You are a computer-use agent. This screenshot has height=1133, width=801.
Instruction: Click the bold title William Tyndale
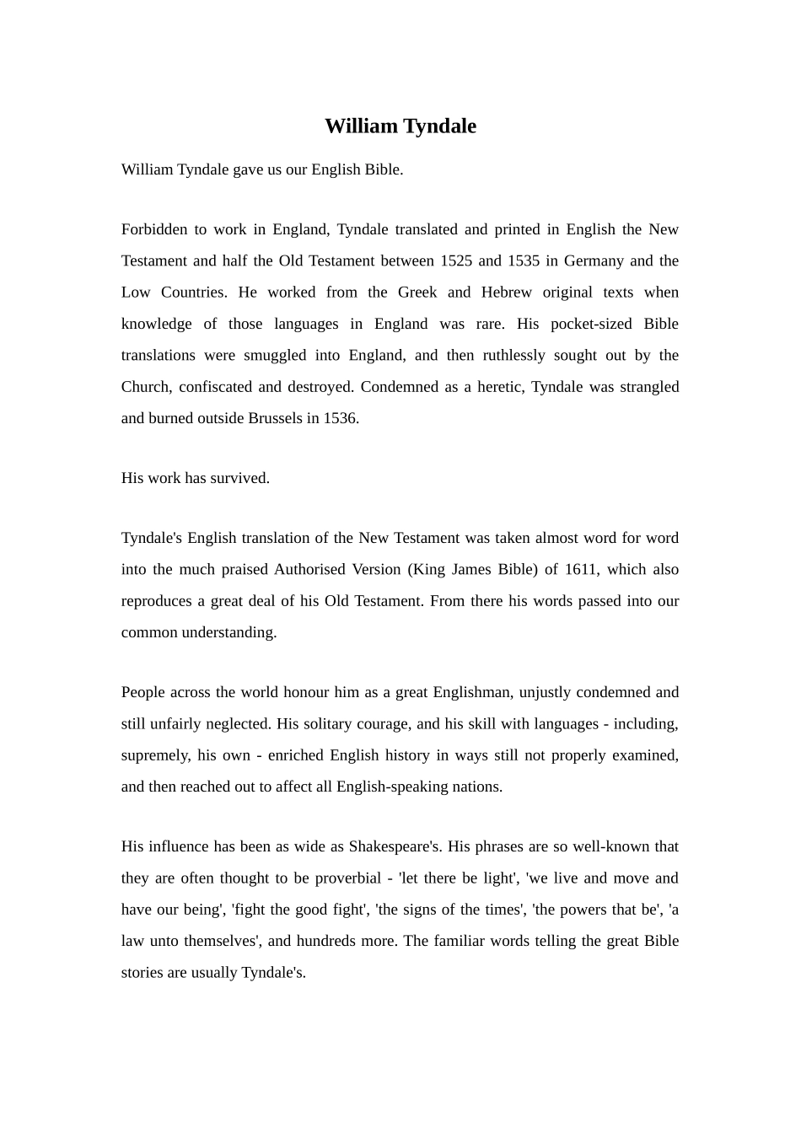[400, 126]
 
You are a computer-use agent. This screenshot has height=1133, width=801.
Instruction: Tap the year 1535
[523, 260]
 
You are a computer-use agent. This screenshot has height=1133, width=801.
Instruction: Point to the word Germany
[594, 260]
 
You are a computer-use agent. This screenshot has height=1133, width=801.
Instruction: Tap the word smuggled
[275, 355]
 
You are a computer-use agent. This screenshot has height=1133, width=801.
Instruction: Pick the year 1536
[341, 418]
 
